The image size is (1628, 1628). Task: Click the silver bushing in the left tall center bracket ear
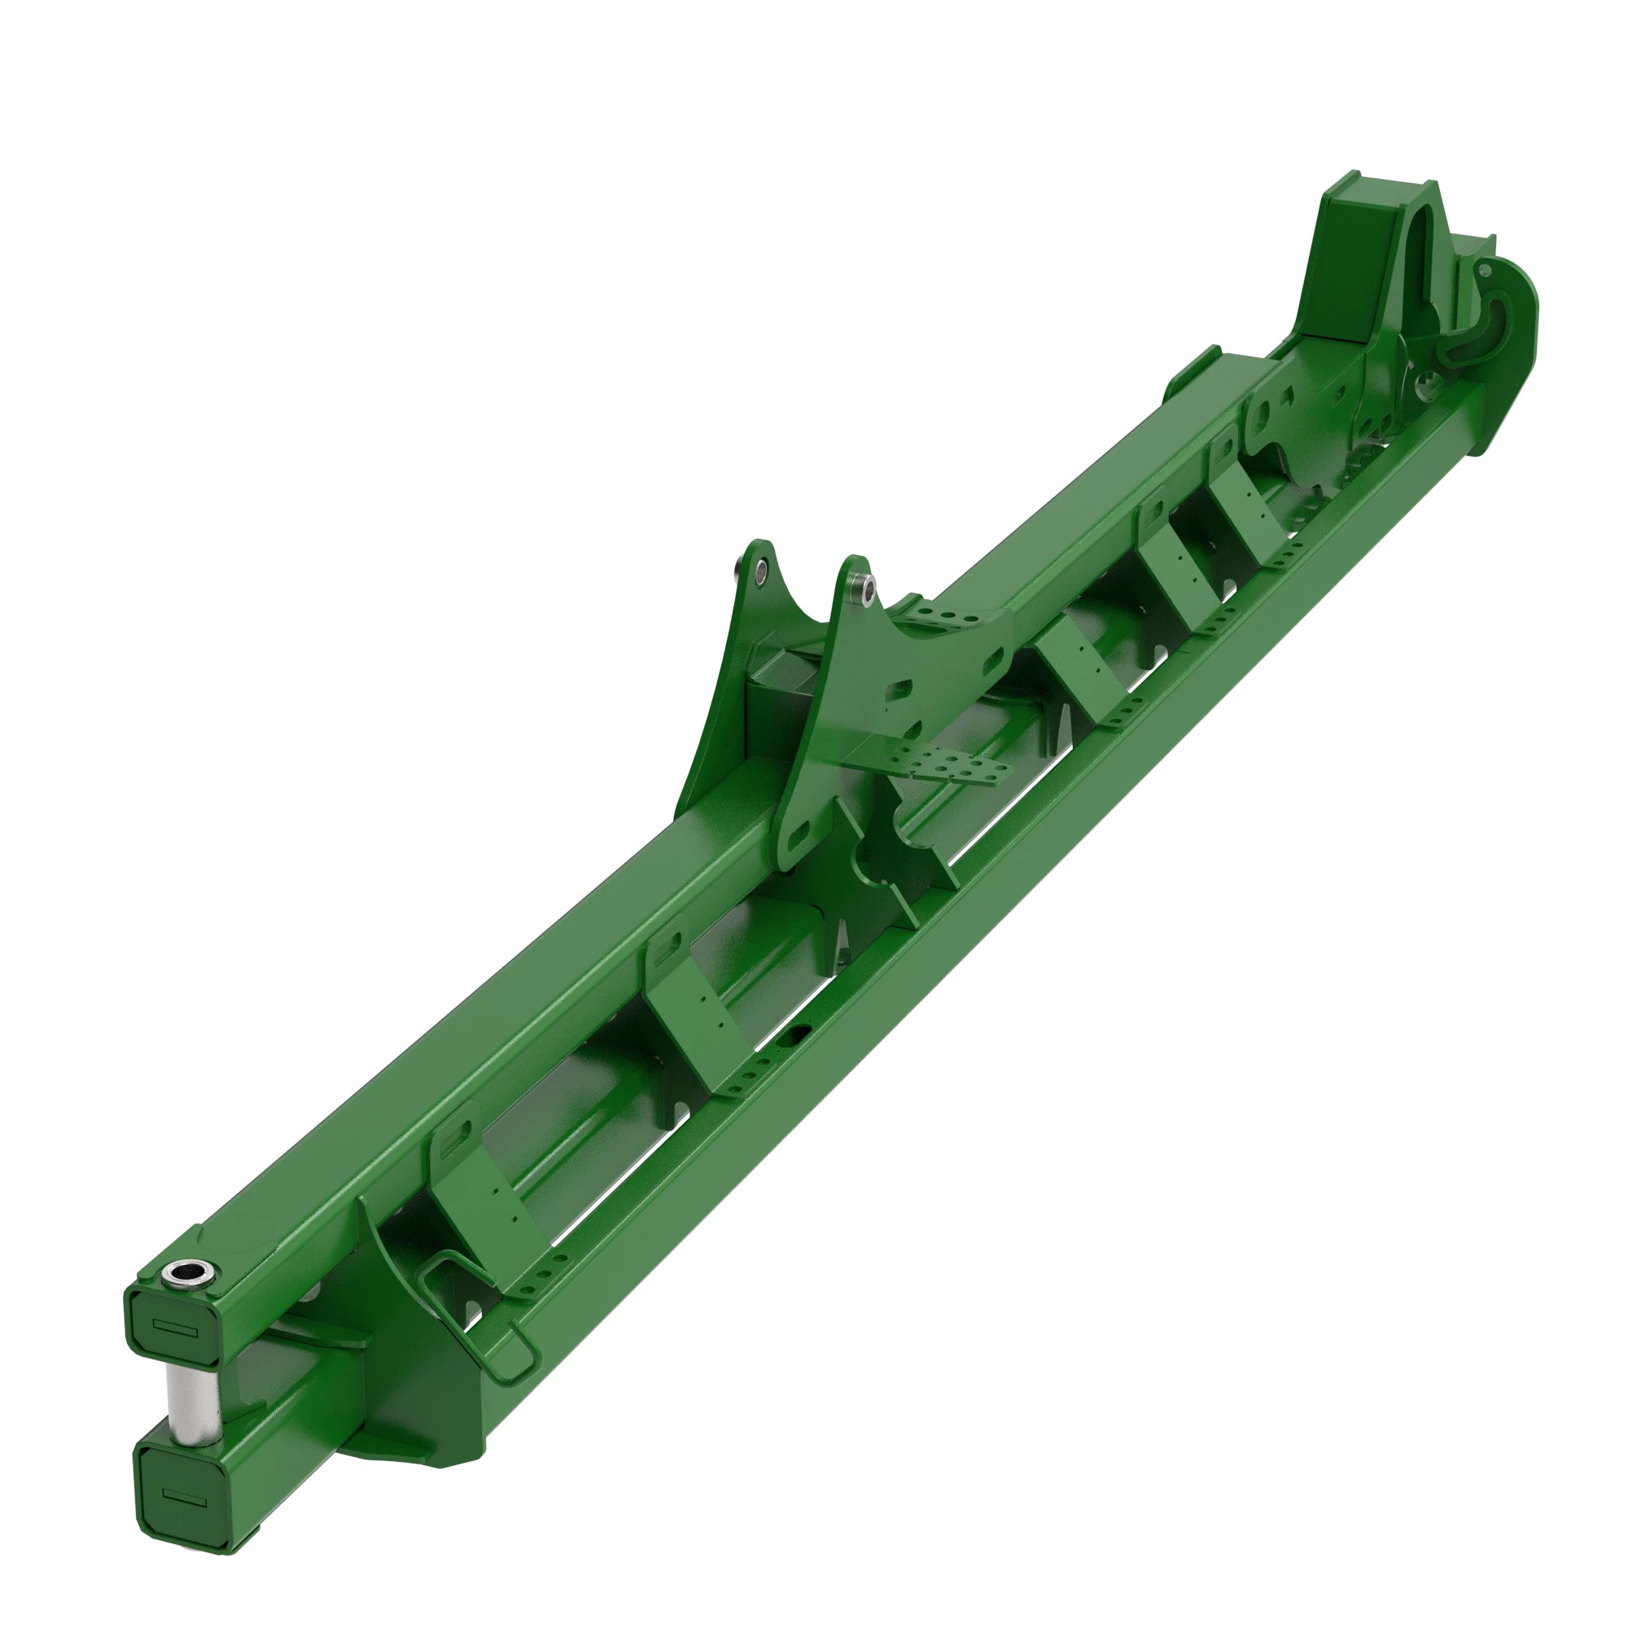[x=761, y=571]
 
